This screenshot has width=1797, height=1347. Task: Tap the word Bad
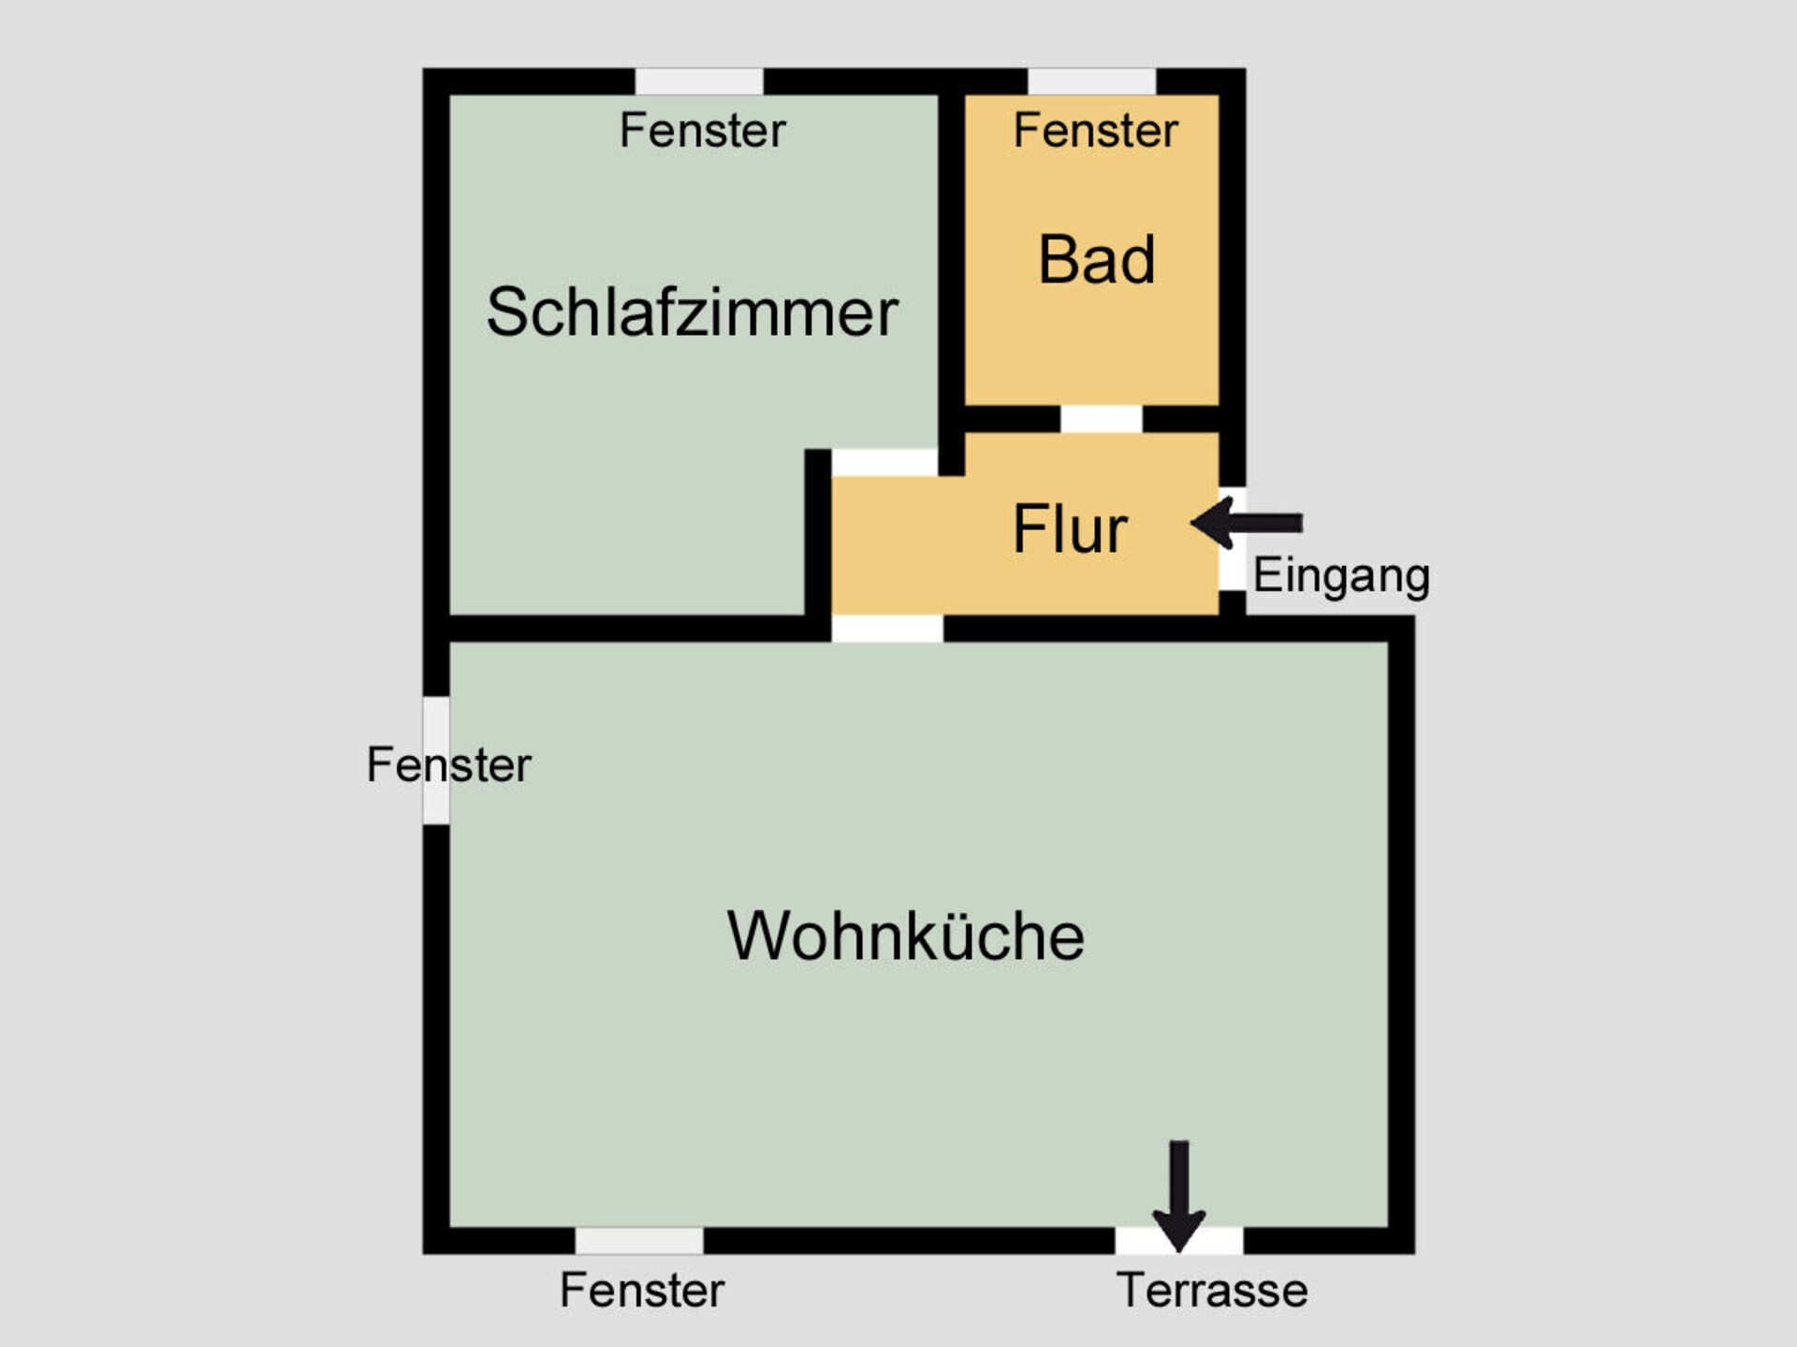coord(1097,259)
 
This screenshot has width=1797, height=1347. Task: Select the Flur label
coord(1070,529)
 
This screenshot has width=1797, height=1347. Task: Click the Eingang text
coord(1341,576)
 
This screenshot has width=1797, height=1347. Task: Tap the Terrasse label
coord(1212,1290)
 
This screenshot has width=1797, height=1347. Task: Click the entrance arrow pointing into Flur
coord(1247,523)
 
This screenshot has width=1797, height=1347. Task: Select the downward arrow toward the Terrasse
coord(1179,1195)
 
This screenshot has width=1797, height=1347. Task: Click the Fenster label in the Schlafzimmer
coord(702,130)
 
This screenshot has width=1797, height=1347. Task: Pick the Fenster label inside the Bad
coord(1095,130)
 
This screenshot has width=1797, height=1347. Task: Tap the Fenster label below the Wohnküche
coord(642,1290)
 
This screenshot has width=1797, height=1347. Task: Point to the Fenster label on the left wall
coord(448,764)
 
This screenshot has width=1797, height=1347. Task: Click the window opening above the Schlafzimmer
coord(699,81)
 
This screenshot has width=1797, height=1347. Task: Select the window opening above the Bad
coord(1091,81)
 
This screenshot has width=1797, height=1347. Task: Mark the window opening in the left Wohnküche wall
coord(436,760)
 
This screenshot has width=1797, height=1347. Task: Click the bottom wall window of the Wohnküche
coord(639,1240)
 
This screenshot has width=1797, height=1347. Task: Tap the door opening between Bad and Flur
coord(1101,419)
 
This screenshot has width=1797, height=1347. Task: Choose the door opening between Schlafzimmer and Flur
coord(884,462)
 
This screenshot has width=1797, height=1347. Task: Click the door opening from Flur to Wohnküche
coord(887,629)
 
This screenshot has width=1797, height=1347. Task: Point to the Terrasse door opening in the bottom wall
coord(1179,1240)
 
